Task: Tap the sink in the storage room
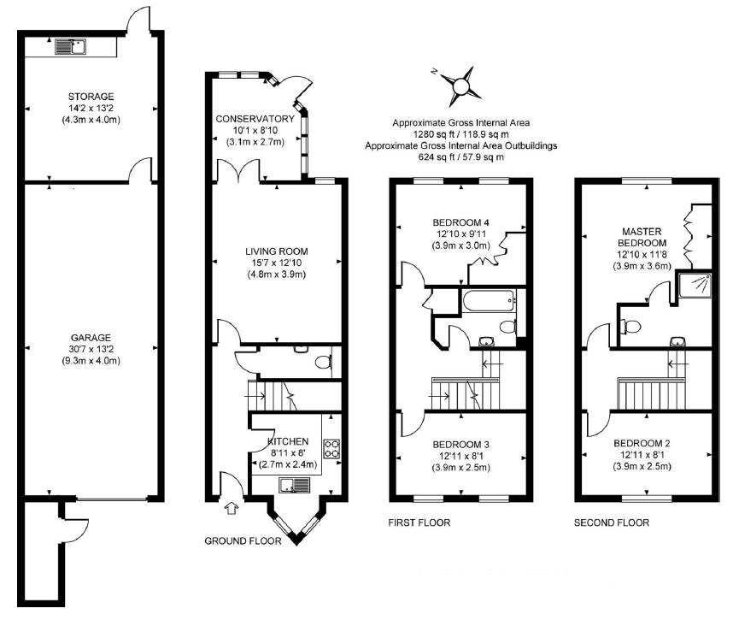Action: pyautogui.click(x=71, y=46)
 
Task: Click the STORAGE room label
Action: pyautogui.click(x=91, y=97)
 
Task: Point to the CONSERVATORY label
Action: pyautogui.click(x=255, y=119)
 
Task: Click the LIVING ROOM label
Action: pyautogui.click(x=276, y=251)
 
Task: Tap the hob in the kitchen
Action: pyautogui.click(x=332, y=448)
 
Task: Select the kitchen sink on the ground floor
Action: pyautogui.click(x=295, y=485)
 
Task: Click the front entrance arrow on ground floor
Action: pyautogui.click(x=232, y=508)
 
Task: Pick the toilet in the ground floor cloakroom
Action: pyautogui.click(x=324, y=362)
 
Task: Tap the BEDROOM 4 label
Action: pyautogui.click(x=460, y=222)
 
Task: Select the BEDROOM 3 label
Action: pyautogui.click(x=460, y=445)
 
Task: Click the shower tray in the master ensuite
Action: pyautogui.click(x=695, y=285)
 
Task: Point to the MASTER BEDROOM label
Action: pyautogui.click(x=642, y=237)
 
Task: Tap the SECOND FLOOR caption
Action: pyautogui.click(x=612, y=523)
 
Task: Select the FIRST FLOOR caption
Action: pyautogui.click(x=419, y=523)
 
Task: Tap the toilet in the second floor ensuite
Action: pyautogui.click(x=630, y=326)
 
